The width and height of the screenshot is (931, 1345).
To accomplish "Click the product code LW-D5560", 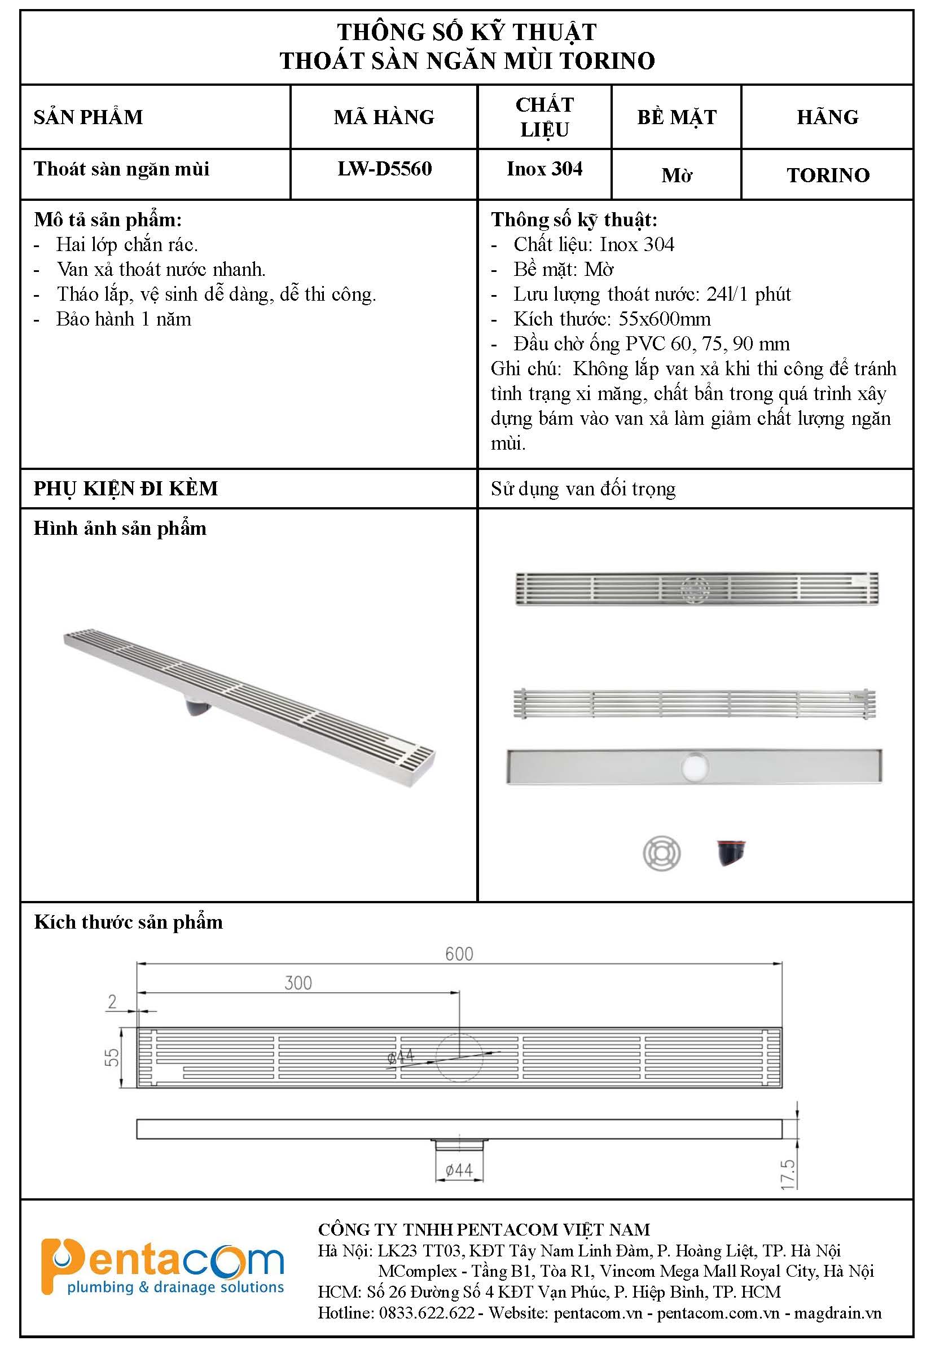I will click(x=384, y=169).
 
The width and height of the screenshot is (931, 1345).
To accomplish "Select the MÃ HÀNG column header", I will click(x=384, y=117).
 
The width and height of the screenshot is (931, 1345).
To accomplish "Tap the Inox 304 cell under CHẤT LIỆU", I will click(x=544, y=169).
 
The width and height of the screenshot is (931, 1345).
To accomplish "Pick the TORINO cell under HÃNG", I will click(x=828, y=175).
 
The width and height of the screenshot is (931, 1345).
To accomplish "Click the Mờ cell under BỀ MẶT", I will click(x=677, y=175).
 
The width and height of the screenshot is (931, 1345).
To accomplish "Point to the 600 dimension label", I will click(x=459, y=954).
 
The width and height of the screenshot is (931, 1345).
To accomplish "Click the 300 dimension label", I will click(x=298, y=983).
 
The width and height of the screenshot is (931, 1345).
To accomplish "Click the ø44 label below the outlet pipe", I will click(x=459, y=1170).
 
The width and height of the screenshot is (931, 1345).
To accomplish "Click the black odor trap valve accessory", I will click(x=731, y=852).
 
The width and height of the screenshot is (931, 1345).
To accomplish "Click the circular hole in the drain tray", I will click(x=694, y=765).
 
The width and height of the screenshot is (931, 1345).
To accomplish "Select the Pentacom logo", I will click(x=162, y=1268).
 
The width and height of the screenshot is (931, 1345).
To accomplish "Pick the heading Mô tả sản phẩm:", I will click(x=108, y=220).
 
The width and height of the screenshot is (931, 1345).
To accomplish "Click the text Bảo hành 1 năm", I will click(x=124, y=319).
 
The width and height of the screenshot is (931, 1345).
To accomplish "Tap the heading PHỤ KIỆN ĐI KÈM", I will click(x=125, y=489).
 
